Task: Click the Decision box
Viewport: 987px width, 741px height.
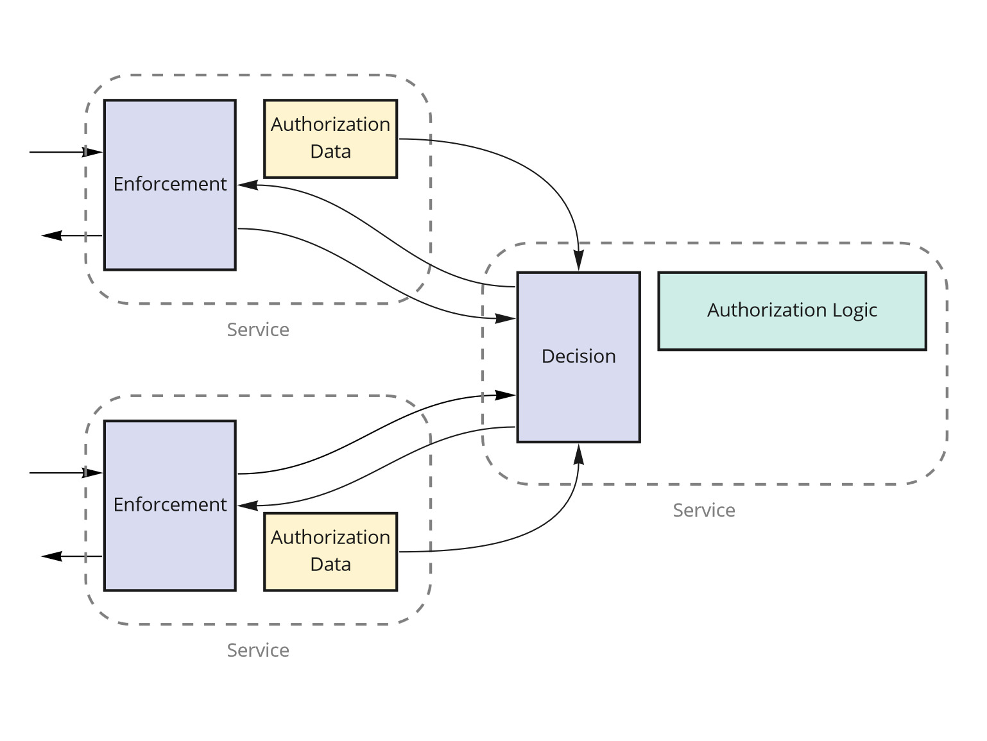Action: click(x=578, y=357)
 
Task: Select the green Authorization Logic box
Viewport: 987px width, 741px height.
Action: click(x=792, y=311)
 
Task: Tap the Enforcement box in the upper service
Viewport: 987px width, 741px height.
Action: click(x=170, y=185)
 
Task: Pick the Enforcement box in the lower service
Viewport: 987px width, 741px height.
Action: click(x=170, y=506)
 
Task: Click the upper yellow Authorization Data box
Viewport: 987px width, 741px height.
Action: click(x=330, y=139)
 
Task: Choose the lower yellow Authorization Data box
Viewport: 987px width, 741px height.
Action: click(x=330, y=551)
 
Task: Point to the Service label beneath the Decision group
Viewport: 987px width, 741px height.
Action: click(x=703, y=511)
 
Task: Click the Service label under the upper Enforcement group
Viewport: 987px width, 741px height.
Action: click(x=258, y=330)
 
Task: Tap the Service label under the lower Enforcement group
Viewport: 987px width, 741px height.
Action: click(x=258, y=651)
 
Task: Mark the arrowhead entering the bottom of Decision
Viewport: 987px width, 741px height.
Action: click(x=579, y=453)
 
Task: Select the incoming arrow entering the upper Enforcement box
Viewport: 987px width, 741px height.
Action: click(x=64, y=152)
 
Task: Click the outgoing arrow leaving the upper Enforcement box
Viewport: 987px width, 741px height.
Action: click(x=71, y=235)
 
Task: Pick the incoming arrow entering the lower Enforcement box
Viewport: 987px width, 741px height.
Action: click(x=64, y=473)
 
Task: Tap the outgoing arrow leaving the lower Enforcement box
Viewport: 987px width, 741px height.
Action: click(x=71, y=556)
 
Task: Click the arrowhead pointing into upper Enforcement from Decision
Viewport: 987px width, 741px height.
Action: click(x=247, y=185)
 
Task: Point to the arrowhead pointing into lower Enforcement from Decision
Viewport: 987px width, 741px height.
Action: click(x=247, y=506)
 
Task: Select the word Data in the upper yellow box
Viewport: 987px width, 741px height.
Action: click(x=330, y=152)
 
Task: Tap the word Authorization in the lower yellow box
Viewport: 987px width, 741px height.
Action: click(x=330, y=538)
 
